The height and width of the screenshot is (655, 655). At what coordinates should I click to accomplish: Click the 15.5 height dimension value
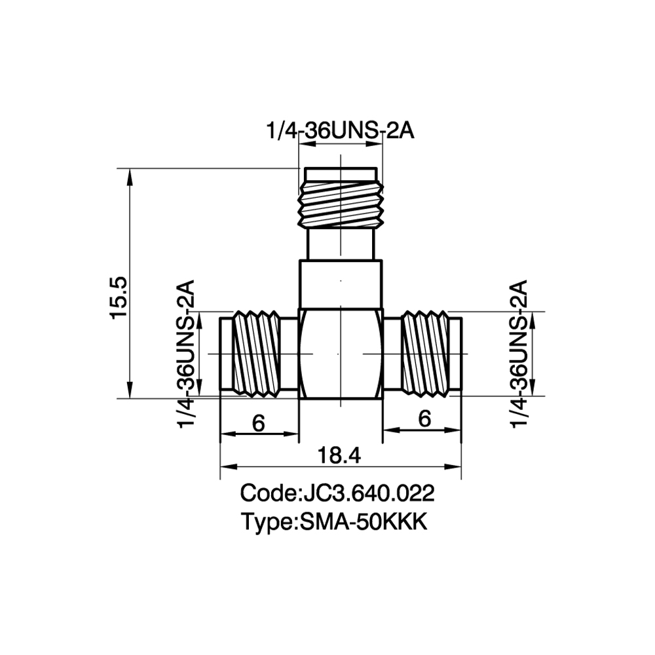pyautogui.click(x=119, y=297)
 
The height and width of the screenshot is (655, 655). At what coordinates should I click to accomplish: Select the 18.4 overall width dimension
pyautogui.click(x=339, y=455)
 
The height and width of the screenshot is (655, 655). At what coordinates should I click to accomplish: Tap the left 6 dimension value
pyautogui.click(x=259, y=423)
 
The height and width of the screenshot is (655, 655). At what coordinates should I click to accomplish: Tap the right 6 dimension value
pyautogui.click(x=424, y=419)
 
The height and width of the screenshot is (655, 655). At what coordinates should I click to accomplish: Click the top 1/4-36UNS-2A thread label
pyautogui.click(x=340, y=132)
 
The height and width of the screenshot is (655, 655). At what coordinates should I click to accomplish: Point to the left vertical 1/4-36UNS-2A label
pyautogui.click(x=186, y=354)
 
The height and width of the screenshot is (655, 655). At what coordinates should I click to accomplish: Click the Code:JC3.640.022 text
pyautogui.click(x=337, y=493)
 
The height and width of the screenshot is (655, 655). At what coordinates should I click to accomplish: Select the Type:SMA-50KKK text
pyautogui.click(x=334, y=522)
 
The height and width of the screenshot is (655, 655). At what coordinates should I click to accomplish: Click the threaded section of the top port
pyautogui.click(x=341, y=204)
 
